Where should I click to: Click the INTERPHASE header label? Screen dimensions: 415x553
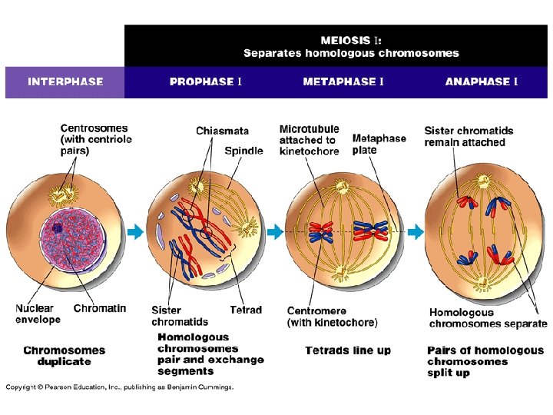[x=65, y=81]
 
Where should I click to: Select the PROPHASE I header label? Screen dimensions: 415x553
[x=206, y=81]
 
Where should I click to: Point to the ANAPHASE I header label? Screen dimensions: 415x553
[x=481, y=81]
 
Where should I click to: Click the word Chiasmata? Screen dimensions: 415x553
[x=222, y=131]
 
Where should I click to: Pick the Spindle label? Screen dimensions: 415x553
[x=243, y=151]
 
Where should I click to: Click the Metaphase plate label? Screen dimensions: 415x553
[x=379, y=144]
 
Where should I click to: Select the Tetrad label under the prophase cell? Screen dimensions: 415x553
[x=246, y=310]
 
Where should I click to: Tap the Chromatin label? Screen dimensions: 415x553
[x=100, y=308]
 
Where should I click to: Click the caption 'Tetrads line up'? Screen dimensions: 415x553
[x=348, y=350]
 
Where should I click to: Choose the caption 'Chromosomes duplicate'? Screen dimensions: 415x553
[x=64, y=356]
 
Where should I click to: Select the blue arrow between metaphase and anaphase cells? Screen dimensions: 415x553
[x=415, y=231]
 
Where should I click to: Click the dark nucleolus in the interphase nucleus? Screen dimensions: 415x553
[x=58, y=227]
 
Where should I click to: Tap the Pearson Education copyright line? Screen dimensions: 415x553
[x=120, y=387]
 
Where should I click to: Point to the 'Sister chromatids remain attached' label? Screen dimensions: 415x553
[x=469, y=136]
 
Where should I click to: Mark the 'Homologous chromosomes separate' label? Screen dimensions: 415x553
[x=488, y=318]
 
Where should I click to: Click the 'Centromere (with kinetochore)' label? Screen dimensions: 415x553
[x=332, y=316]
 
